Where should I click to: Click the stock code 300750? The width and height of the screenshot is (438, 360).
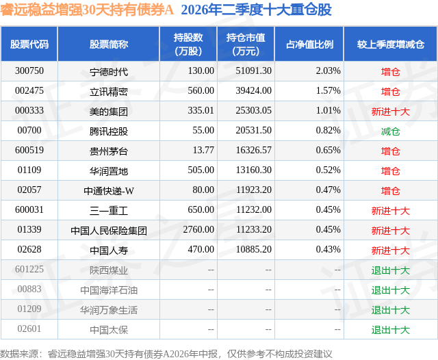point(29,71)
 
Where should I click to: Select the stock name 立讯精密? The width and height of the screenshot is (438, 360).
point(109,92)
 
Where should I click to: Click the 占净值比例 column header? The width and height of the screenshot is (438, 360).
point(309,44)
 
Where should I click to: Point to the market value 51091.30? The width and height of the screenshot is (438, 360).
point(254,71)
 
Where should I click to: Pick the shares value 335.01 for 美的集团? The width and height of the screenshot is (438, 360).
point(201,111)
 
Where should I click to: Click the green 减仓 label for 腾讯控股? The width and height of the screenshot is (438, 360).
point(391,131)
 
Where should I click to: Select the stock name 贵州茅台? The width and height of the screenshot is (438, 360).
point(109,151)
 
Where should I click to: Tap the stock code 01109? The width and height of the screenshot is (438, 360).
point(29,170)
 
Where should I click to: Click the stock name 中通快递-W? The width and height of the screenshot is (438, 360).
point(109,191)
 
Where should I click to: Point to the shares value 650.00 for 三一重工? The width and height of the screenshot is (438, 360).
point(201,209)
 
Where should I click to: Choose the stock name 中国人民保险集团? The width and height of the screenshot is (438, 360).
point(109,231)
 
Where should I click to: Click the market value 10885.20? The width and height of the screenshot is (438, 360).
point(254,249)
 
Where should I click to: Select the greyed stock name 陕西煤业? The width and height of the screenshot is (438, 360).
point(109,270)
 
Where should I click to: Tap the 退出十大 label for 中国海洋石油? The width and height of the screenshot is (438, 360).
point(391,290)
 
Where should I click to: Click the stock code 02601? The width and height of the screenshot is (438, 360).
point(29,329)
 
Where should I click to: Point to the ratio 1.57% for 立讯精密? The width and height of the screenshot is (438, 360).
point(328,91)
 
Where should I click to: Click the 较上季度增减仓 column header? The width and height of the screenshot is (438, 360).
point(391,44)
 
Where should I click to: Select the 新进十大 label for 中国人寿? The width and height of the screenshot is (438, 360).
point(391,250)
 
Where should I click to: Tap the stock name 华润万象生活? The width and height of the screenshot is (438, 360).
point(109,310)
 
